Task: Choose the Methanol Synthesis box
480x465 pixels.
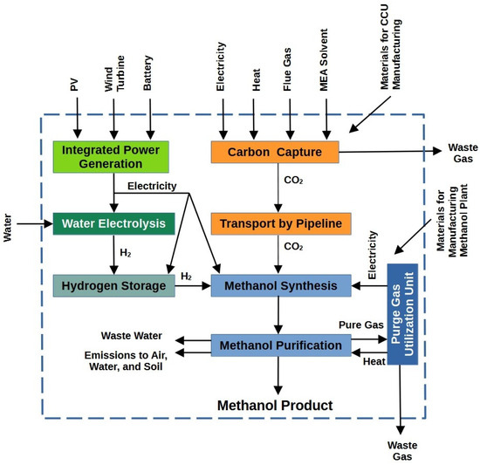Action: click(x=279, y=285)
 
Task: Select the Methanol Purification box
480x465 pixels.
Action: click(x=280, y=345)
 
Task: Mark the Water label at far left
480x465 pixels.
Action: click(x=9, y=224)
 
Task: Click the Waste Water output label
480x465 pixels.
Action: click(x=133, y=335)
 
